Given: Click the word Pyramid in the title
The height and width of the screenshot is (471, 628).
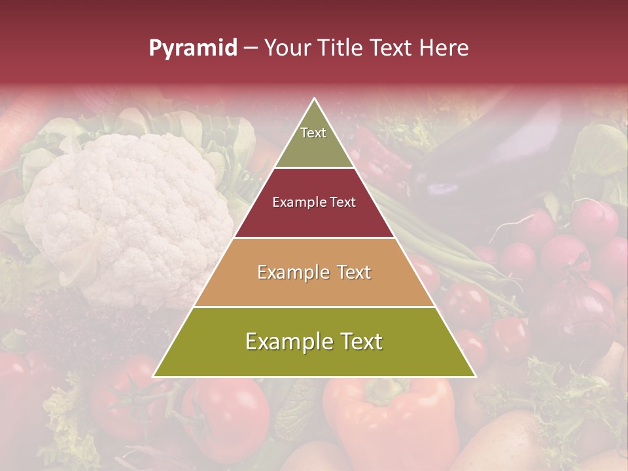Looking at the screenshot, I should point(192,48).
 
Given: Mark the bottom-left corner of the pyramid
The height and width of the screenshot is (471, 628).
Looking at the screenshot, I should point(154,376).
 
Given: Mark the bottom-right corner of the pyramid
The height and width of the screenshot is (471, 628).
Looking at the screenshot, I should point(475,376).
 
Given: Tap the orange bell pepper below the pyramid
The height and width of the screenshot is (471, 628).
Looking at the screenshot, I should point(392,419).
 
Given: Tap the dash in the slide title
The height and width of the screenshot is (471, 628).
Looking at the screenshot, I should point(250,48).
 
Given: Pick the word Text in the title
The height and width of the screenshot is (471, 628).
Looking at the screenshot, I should point(391,48).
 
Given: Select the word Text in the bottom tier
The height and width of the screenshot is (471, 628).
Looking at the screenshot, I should point(360,342).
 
